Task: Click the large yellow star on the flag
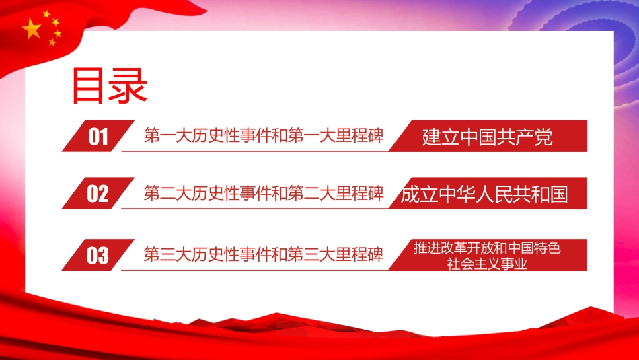tap(32, 29)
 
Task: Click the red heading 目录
tap(109, 85)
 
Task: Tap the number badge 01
tap(98, 136)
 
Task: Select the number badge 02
tap(98, 193)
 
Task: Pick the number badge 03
tap(98, 255)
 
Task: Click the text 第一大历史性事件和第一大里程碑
tap(264, 135)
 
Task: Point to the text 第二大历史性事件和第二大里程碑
tap(264, 193)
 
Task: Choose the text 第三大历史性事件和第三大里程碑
tap(264, 254)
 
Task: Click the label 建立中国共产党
tap(488, 137)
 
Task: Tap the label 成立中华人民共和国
tap(484, 194)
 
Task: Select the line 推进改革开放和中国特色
tap(488, 248)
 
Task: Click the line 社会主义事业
tap(488, 264)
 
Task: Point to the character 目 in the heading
tap(88, 85)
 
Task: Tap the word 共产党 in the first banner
tap(524, 137)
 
